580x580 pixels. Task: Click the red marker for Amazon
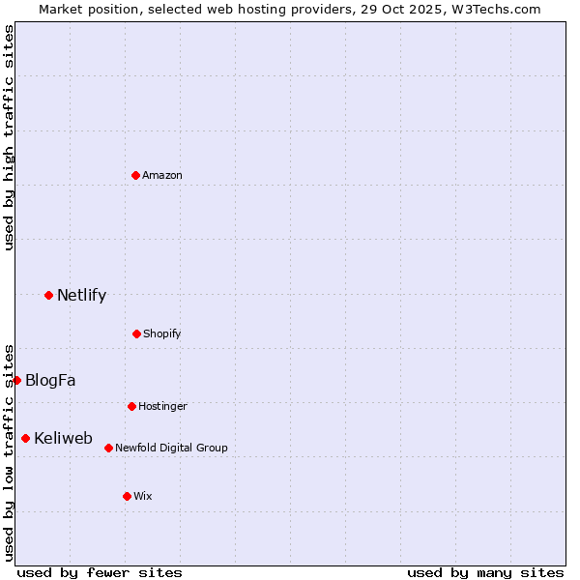[136, 175]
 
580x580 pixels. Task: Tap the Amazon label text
[162, 175]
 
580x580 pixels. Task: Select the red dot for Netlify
[48, 295]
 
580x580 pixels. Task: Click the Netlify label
[81, 296]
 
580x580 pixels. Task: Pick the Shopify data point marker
[136, 333]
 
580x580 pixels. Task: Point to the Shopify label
[162, 333]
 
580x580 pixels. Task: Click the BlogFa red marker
[16, 380]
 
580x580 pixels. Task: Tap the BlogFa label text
[50, 381]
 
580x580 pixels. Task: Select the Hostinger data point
[131, 406]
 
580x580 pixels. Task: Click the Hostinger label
[162, 406]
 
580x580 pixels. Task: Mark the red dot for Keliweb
[25, 438]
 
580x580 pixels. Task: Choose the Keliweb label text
[63, 439]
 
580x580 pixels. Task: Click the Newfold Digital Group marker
[108, 448]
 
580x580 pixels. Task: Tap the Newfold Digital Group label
[171, 448]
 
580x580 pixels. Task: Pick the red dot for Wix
[127, 496]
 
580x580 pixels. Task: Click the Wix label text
[143, 496]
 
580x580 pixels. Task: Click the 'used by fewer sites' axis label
[100, 572]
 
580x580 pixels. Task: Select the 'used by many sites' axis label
[485, 572]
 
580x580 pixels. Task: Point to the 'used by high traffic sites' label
[9, 138]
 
